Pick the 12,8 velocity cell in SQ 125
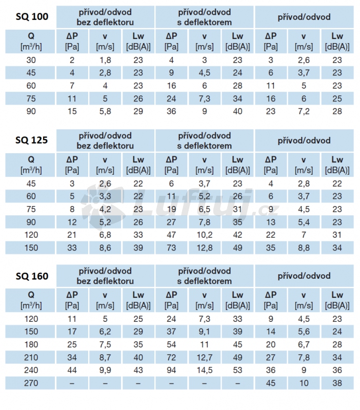(205, 248)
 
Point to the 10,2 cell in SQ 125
(205, 235)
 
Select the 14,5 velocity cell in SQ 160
(205, 370)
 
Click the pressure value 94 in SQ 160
(172, 370)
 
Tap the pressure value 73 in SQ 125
(172, 248)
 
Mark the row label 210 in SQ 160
(31, 357)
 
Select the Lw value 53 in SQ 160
(237, 370)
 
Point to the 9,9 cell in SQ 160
(105, 370)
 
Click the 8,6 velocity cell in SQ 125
(105, 248)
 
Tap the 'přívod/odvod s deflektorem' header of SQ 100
(205, 17)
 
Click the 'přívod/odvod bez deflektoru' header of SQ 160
(105, 276)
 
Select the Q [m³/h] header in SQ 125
(31, 165)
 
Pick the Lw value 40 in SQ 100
(237, 111)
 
